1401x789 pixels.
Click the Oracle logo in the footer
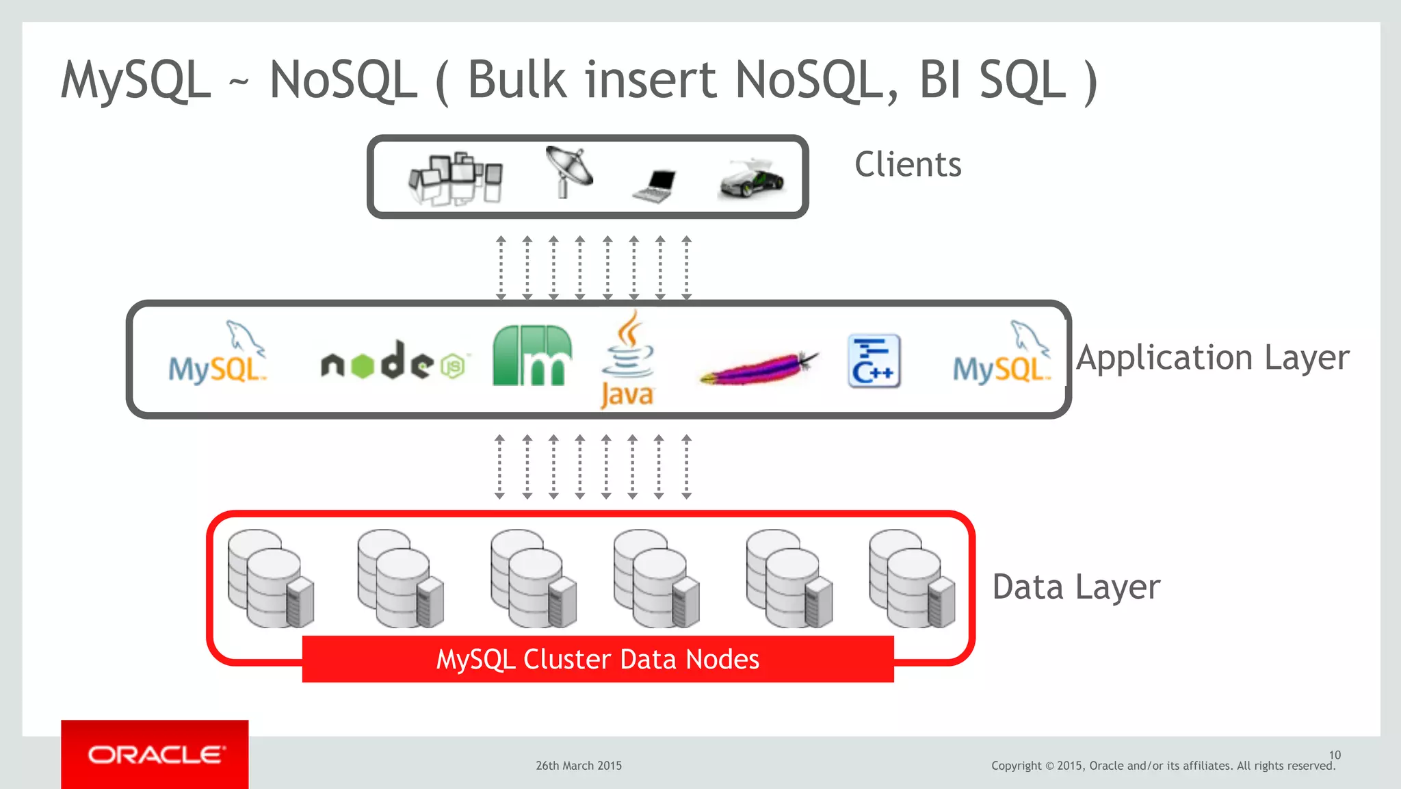pyautogui.click(x=155, y=754)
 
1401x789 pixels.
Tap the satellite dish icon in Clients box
pyautogui.click(x=568, y=172)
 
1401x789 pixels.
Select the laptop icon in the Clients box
pyautogui.click(x=655, y=185)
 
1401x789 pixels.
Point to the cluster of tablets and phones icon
pyautogui.click(x=456, y=179)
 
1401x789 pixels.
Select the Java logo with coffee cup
pyautogui.click(x=627, y=361)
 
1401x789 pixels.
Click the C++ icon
pyautogui.click(x=874, y=361)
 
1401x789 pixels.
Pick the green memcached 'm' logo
pyautogui.click(x=532, y=356)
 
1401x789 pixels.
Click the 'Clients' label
pyautogui.click(x=908, y=165)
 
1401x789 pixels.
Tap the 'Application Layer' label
pyautogui.click(x=1212, y=358)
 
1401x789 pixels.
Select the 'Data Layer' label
pyautogui.click(x=1076, y=587)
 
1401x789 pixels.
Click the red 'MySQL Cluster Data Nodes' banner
pyautogui.click(x=598, y=659)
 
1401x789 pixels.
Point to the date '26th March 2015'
pyautogui.click(x=579, y=766)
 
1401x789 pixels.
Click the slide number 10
pyautogui.click(x=1335, y=755)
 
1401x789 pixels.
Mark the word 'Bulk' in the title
pyautogui.click(x=517, y=80)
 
